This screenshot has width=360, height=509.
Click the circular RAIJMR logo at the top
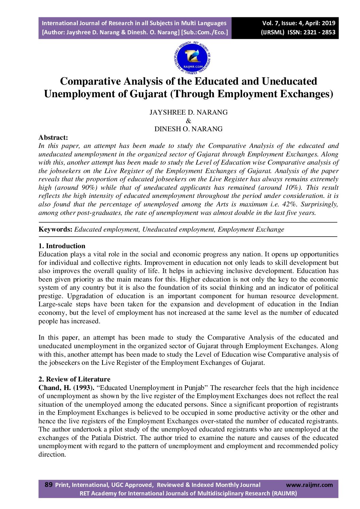point(192,58)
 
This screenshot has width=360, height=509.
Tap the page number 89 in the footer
point(49,485)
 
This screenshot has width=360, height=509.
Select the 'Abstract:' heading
point(53,137)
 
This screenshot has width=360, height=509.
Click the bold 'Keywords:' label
point(55,229)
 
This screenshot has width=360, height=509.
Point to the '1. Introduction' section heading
point(62,246)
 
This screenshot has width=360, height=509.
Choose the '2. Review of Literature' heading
point(74,379)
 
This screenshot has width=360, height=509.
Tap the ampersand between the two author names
point(189,121)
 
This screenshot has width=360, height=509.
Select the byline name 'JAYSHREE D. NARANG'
point(189,112)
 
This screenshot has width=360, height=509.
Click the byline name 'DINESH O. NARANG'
point(189,129)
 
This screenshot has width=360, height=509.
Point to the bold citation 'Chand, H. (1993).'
point(66,388)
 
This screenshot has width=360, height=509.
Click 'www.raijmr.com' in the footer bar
point(309,485)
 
